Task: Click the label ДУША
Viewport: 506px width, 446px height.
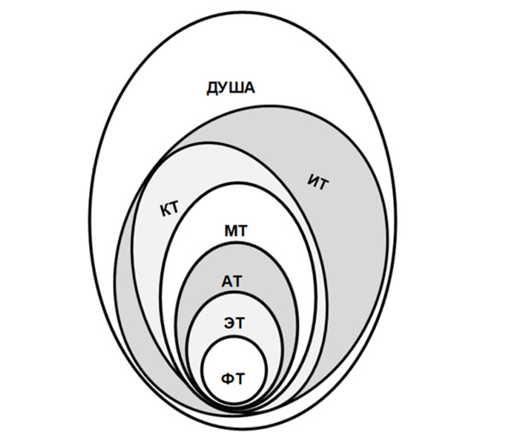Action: (x=230, y=88)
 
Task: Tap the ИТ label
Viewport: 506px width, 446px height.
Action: (x=318, y=182)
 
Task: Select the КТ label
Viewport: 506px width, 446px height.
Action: (x=170, y=209)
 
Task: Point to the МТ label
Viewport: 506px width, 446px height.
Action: (x=236, y=231)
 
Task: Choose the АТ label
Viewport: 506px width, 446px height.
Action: (x=231, y=282)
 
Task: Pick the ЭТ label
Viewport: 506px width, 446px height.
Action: (x=235, y=323)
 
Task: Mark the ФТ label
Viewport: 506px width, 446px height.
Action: (x=233, y=378)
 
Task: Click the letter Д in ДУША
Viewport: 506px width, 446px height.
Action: (x=212, y=89)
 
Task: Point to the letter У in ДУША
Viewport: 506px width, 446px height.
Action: (x=224, y=88)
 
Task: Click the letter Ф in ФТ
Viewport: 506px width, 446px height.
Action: (x=227, y=378)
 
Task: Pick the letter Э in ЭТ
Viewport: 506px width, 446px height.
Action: (x=229, y=323)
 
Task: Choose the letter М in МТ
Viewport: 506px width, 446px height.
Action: (x=230, y=231)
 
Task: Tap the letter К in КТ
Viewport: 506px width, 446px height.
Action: (x=165, y=211)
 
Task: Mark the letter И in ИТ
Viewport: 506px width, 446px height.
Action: (x=313, y=180)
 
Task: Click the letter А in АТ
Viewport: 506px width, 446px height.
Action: (x=227, y=282)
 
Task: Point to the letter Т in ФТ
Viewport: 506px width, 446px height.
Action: (x=240, y=378)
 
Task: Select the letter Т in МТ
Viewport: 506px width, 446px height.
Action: (x=242, y=231)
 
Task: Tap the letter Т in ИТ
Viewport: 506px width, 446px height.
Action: (x=324, y=185)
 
